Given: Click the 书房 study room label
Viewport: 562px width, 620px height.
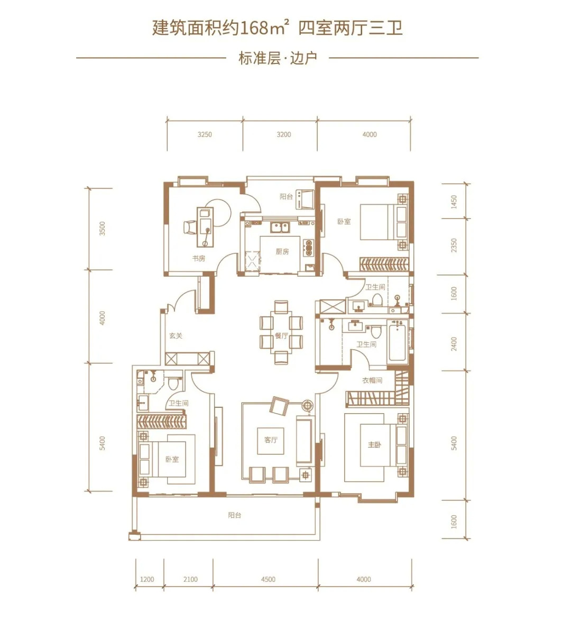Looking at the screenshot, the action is pos(199,259).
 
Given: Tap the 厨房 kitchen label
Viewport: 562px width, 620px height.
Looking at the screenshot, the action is pos(282,251).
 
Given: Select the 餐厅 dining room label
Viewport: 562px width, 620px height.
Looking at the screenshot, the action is pos(281,336).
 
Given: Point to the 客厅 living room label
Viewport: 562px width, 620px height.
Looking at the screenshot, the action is pos(271,440).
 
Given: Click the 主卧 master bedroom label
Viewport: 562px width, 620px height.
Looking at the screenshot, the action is pos(374,445).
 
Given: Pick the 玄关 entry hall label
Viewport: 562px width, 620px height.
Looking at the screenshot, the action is pos(176,336).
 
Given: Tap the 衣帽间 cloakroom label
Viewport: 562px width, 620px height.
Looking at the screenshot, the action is pos(372,380).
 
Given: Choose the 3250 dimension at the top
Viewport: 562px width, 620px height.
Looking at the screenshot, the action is pos(205,134).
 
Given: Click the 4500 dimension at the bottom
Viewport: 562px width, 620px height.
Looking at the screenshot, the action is pos(268,579).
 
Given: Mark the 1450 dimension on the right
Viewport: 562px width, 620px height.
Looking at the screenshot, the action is pos(454,202).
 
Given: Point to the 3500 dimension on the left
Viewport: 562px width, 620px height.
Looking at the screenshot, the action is pos(103,229).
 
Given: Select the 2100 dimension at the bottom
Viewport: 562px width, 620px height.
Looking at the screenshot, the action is pos(190,579).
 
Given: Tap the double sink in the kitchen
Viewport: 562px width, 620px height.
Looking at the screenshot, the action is pos(280,227).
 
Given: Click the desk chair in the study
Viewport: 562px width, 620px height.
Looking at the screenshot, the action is pos(189,227).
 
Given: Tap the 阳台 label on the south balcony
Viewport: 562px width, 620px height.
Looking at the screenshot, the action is pos(234,515).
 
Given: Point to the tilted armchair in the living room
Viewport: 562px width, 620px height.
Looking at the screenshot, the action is pos(280,406).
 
